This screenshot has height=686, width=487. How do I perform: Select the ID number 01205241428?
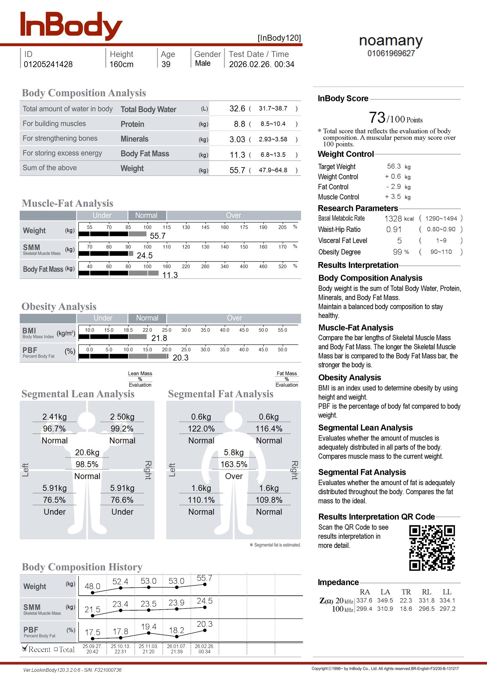[48, 64]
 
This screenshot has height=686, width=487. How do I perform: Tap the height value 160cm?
[121, 64]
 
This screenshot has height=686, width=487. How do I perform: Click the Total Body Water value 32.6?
[237, 108]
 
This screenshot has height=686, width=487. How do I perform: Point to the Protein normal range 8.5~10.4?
[273, 124]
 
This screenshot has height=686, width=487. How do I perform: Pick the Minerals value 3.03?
[237, 139]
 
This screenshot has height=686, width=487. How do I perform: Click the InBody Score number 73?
[377, 118]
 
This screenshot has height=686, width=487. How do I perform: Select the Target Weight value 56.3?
[394, 166]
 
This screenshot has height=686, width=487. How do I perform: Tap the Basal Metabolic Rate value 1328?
[393, 219]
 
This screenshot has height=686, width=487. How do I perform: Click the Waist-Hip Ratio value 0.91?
[393, 230]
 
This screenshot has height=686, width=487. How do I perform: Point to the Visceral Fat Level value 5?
[399, 241]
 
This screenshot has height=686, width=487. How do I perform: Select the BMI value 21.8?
[159, 338]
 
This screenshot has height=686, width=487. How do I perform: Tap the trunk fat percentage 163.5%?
[234, 464]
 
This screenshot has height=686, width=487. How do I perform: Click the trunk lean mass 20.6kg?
[87, 453]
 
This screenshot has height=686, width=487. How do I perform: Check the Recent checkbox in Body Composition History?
[25, 649]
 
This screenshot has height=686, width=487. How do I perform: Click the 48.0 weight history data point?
[93, 592]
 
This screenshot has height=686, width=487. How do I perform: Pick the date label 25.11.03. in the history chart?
[148, 646]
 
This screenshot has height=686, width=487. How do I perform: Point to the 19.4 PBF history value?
[148, 627]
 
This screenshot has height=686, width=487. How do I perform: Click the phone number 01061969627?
[391, 53]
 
